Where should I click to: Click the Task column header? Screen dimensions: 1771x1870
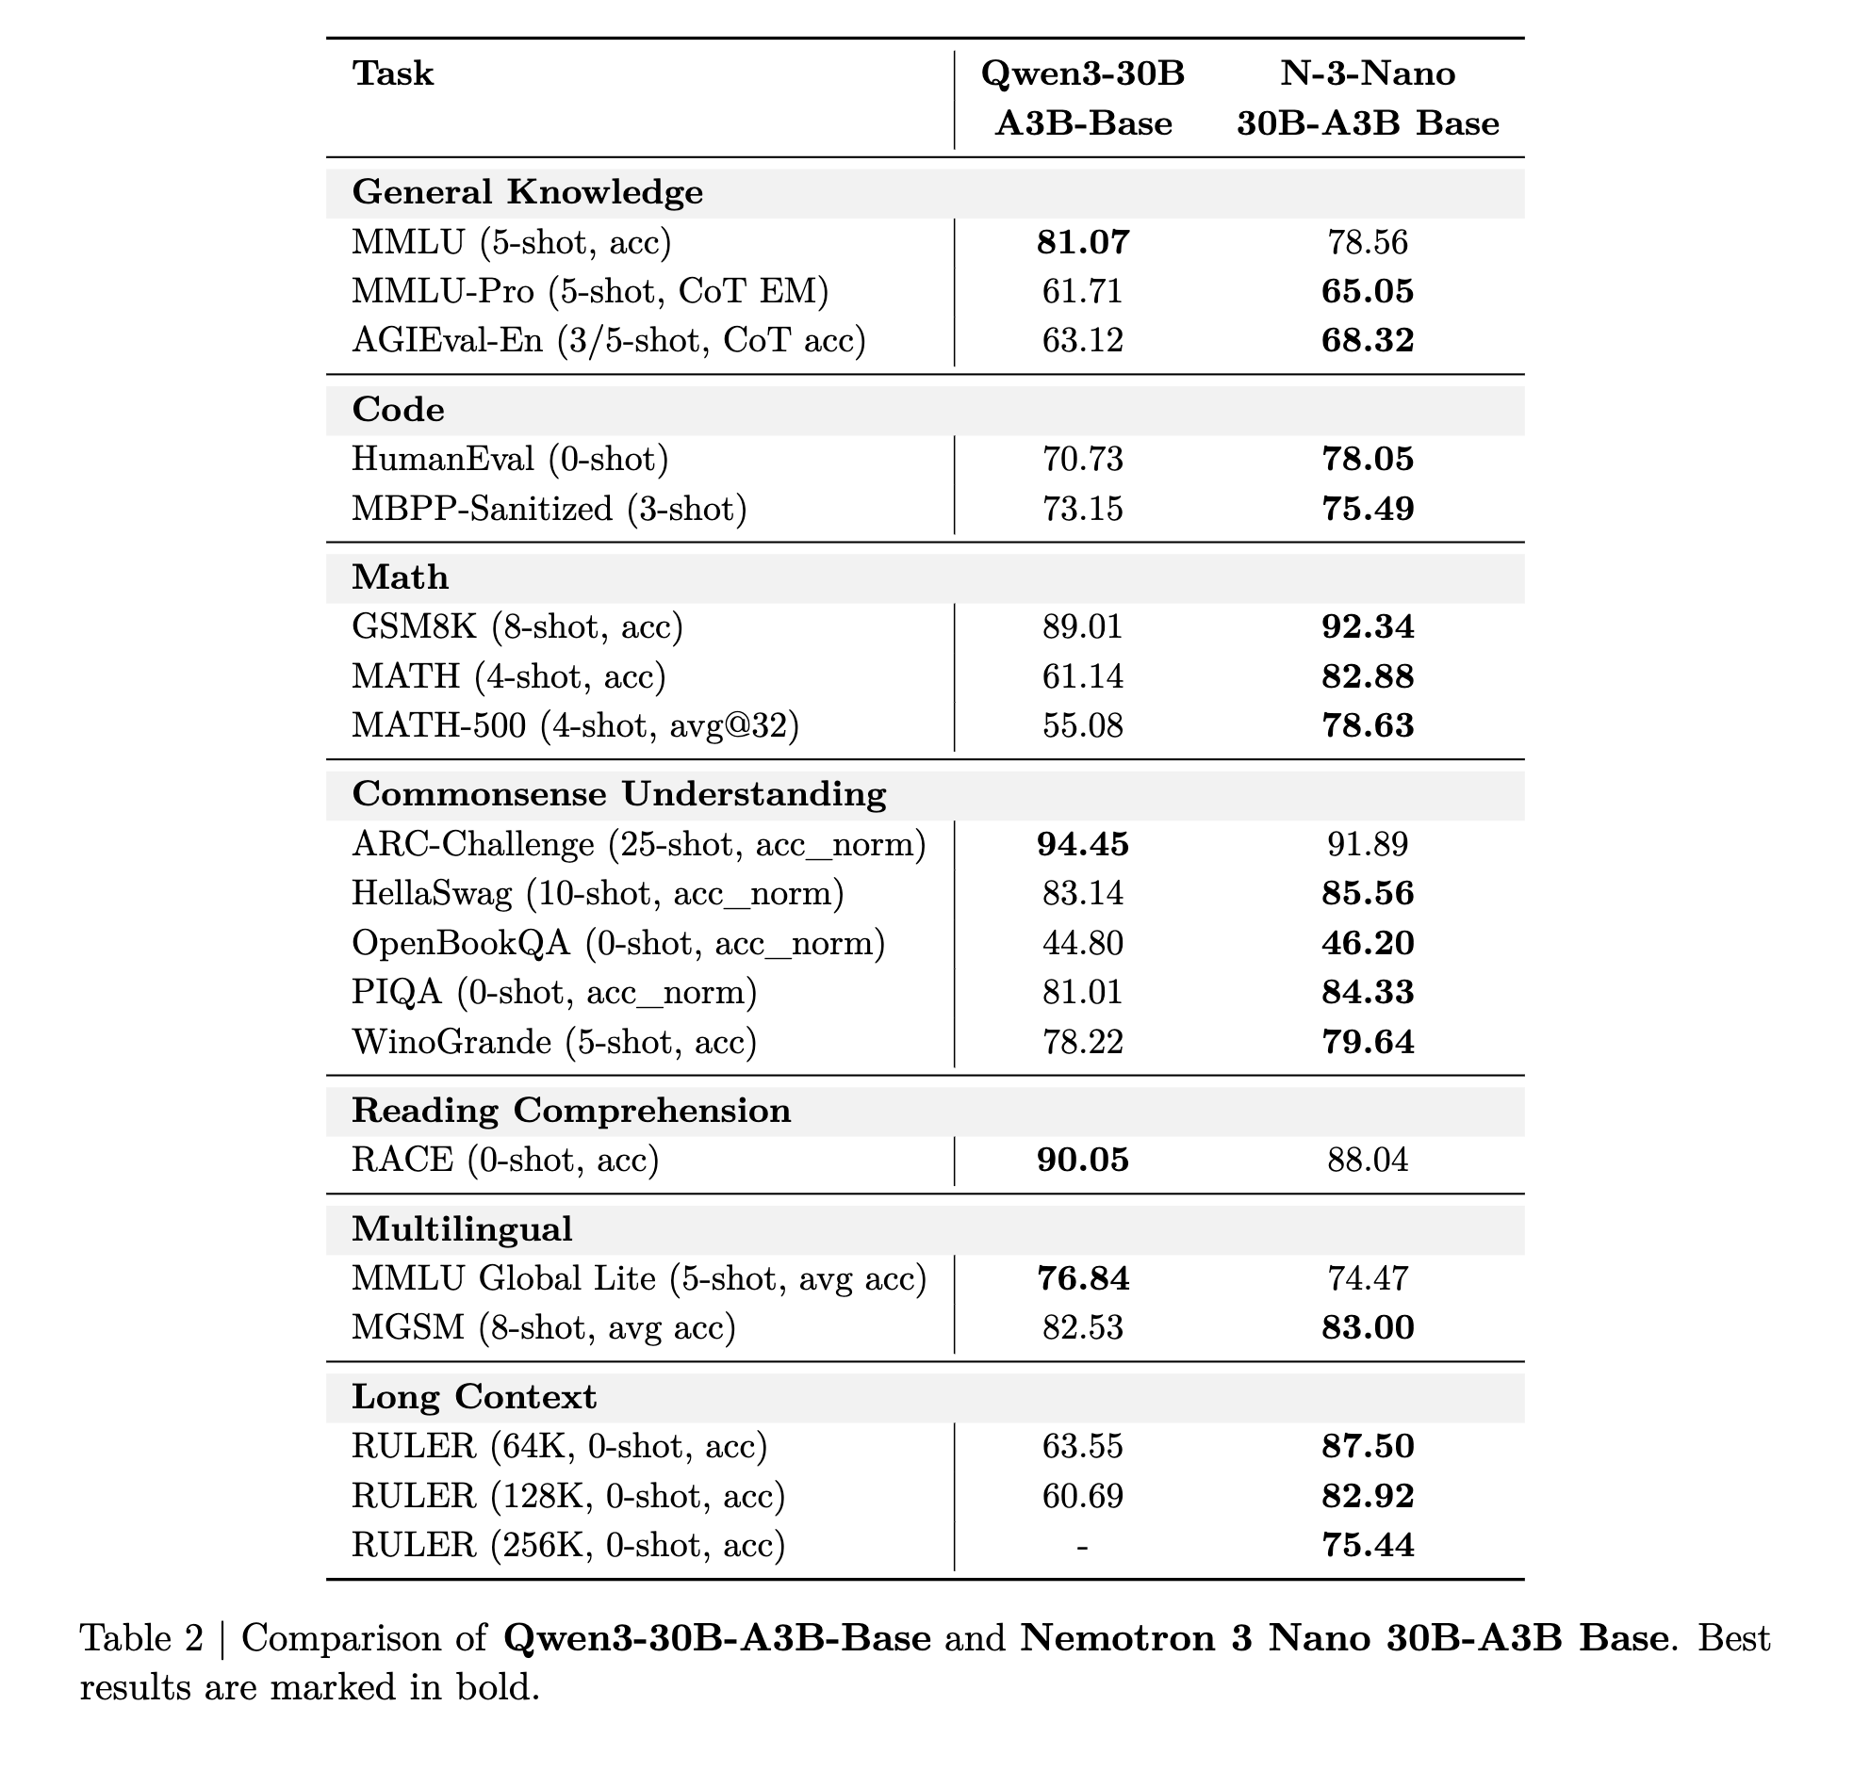click(393, 73)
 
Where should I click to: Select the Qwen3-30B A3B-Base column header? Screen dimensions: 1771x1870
click(1082, 98)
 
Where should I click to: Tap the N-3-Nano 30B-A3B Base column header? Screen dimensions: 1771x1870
click(1368, 98)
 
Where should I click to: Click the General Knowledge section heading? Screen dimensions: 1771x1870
click(527, 192)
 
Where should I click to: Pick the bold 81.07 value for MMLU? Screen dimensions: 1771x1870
click(1082, 243)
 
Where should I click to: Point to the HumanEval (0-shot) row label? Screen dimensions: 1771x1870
click(510, 459)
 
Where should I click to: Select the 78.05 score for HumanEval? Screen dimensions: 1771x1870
click(1368, 459)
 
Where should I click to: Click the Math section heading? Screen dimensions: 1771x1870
click(400, 577)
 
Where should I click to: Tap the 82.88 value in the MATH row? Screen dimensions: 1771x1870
click(1368, 677)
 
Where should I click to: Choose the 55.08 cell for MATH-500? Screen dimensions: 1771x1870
click(1082, 726)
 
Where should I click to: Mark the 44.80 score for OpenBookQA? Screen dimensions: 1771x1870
click(1082, 943)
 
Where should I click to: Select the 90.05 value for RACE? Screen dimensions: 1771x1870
click(1082, 1161)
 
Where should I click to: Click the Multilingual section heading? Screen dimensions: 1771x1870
click(462, 1229)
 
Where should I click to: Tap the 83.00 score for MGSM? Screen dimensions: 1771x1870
click(1368, 1328)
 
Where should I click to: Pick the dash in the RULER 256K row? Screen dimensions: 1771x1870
click(1082, 1545)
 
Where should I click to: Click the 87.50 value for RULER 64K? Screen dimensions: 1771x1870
click(1368, 1446)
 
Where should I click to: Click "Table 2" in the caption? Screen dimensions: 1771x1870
click(141, 1639)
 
